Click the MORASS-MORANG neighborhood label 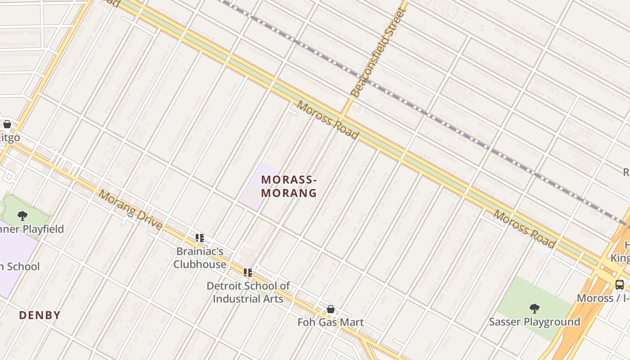pos(289,186)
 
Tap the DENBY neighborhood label pos(40,315)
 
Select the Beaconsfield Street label pos(377,52)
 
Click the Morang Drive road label pos(130,210)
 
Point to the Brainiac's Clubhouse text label pos(200,258)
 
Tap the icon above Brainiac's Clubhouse pos(200,238)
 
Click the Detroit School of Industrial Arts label pos(248,292)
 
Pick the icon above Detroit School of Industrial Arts pos(248,273)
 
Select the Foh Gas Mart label pos(331,322)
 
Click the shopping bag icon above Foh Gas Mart pos(331,309)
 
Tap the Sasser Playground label pos(534,322)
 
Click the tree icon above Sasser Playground pos(534,309)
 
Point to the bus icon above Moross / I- pos(620,284)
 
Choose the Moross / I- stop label pos(603,298)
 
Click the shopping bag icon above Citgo pos(7,124)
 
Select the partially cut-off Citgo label pos(10,137)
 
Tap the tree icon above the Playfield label pos(22,216)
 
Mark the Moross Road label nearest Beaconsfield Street pos(328,121)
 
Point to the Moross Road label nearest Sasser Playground pos(524,229)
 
